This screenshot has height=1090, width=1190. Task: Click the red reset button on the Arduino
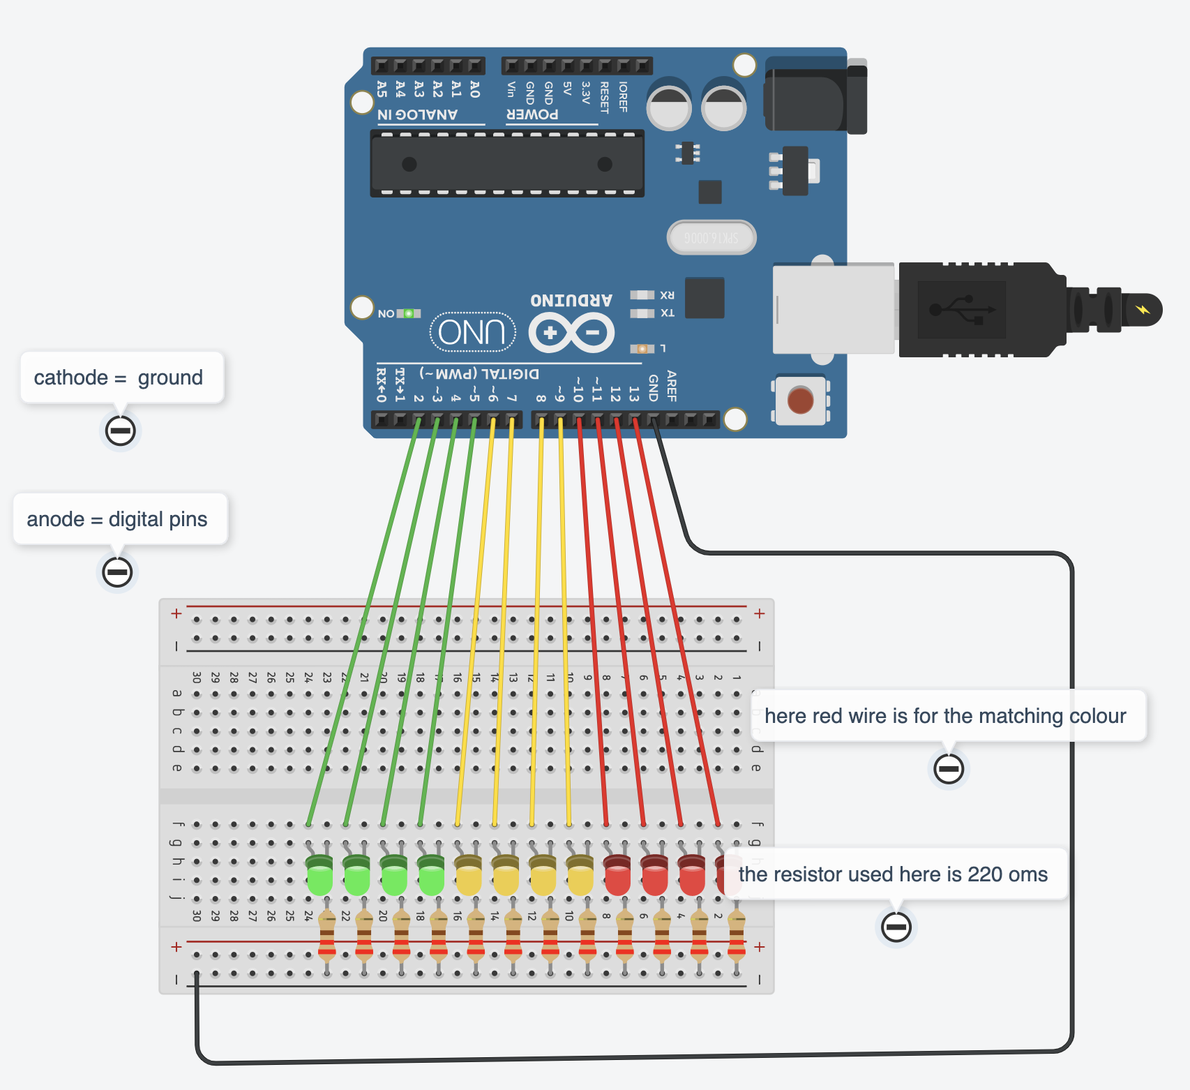(800, 401)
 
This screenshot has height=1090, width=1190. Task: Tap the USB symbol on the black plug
(961, 309)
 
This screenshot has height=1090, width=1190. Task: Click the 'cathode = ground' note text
(119, 378)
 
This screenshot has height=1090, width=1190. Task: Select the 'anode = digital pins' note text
(117, 519)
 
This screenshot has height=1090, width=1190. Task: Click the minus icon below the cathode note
(120, 431)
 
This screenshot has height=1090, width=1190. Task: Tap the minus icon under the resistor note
(896, 927)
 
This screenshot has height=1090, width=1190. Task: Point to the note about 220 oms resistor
(893, 874)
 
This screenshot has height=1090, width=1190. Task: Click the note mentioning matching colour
(945, 716)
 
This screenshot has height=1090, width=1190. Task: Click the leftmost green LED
(319, 876)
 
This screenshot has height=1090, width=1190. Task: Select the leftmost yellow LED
(468, 876)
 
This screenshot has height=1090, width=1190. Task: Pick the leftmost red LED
(617, 876)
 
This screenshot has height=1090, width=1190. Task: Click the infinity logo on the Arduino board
(571, 333)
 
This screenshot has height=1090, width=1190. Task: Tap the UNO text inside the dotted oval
(472, 333)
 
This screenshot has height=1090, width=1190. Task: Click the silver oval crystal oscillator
(711, 238)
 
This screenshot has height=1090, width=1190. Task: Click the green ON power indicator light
(409, 313)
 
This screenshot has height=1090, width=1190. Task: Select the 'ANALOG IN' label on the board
(417, 114)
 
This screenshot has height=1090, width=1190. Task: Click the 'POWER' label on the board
(532, 114)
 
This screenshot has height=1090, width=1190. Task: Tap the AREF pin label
(672, 386)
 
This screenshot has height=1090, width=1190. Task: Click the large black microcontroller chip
(506, 164)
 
